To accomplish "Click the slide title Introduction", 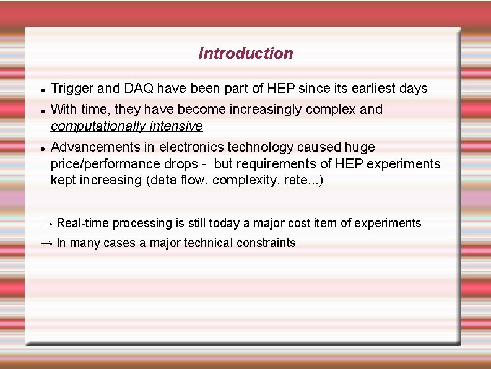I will click(x=245, y=54).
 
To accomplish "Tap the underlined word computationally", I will click(x=98, y=127).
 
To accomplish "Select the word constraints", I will click(x=266, y=243).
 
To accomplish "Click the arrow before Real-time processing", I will click(x=46, y=224).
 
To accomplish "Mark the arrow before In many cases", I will click(x=46, y=243).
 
